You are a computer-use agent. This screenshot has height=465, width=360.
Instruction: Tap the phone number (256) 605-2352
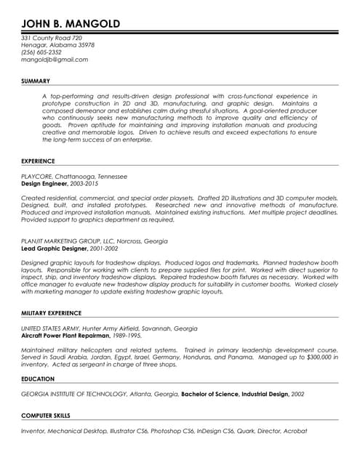pos(41,52)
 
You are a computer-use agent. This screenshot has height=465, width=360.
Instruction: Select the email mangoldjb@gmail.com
pos(55,60)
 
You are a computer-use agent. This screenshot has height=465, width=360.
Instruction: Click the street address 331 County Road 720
pos(52,38)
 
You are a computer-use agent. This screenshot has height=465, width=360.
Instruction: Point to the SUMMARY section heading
pos(36,81)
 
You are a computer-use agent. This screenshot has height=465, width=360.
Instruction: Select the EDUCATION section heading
pos(38,379)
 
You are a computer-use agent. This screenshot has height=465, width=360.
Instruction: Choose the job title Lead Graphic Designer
pos(59,248)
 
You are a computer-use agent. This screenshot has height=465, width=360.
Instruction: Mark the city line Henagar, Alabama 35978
pos(57,45)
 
